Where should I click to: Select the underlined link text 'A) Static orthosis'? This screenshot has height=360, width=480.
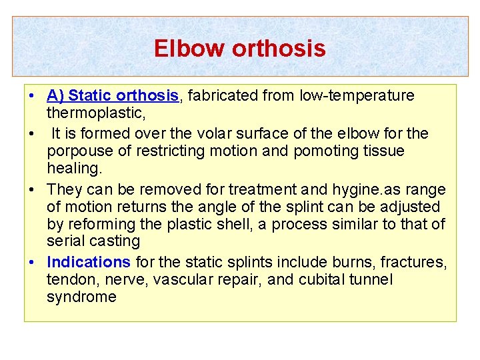[x=113, y=96]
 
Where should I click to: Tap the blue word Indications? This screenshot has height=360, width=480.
[x=89, y=261]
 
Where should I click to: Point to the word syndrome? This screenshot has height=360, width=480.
[x=81, y=297]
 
